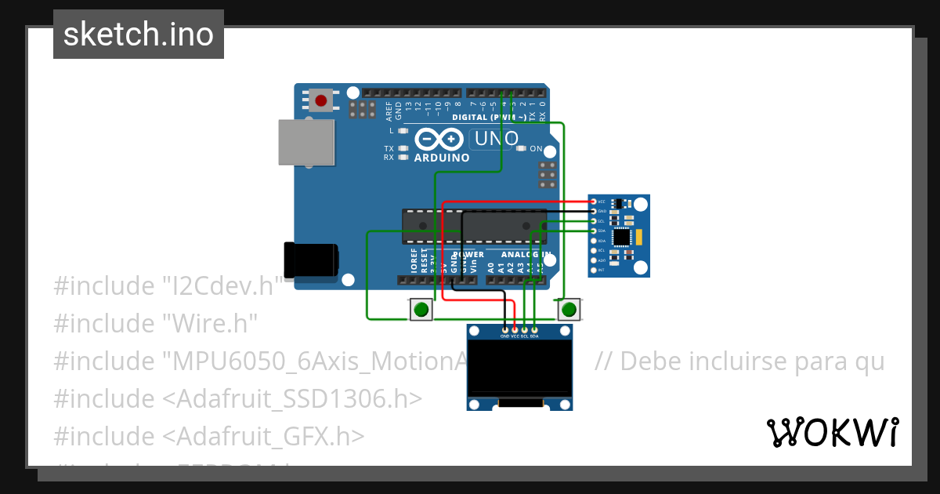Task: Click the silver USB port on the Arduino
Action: coord(305,142)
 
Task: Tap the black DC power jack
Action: coord(311,260)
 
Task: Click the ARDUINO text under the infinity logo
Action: coord(442,158)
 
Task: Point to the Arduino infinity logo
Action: coord(439,140)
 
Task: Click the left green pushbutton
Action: coord(421,310)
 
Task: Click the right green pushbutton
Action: coord(569,310)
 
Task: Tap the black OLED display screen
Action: coord(519,368)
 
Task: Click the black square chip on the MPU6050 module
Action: coord(623,236)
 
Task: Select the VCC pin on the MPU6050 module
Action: coord(593,202)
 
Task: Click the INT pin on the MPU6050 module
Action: coord(593,270)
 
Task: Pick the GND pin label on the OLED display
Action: coord(504,336)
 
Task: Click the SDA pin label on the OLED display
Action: coord(534,336)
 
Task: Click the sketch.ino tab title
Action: coord(139,35)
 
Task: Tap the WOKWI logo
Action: coord(832,433)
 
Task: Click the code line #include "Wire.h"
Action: coord(155,323)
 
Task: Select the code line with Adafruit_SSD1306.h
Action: coord(238,398)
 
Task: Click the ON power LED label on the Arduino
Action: coord(537,148)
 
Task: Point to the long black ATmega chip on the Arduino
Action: coord(474,226)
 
